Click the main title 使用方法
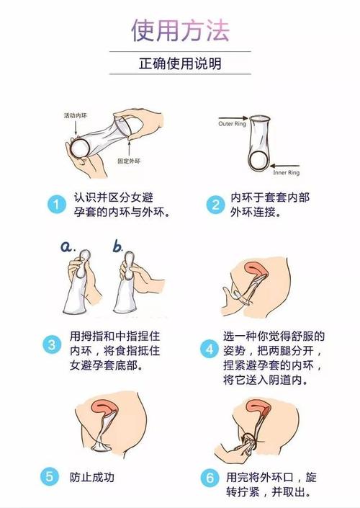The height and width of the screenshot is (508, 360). click(180, 30)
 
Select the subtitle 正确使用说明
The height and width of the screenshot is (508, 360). click(180, 63)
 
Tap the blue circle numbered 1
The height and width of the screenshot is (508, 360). click(55, 205)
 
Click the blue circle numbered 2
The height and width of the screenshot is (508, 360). click(215, 205)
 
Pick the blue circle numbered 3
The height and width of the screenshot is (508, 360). click(51, 344)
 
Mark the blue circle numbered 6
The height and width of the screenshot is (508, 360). click(210, 477)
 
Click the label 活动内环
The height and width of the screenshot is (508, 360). click(75, 115)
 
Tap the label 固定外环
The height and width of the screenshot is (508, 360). click(130, 161)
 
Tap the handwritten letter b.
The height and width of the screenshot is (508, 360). click(118, 246)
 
